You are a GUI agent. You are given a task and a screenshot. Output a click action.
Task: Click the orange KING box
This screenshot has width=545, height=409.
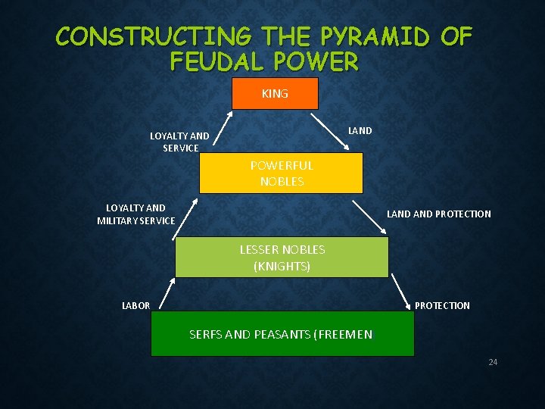point(275,93)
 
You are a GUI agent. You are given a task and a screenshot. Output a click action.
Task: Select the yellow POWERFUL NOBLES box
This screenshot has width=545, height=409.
point(281,173)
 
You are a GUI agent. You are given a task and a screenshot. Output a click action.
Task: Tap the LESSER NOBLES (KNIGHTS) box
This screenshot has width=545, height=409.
point(282,258)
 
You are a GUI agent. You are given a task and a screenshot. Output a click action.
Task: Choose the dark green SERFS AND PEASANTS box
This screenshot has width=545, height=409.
point(282,334)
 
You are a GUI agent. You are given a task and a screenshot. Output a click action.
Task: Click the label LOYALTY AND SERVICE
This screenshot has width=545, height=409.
point(179,142)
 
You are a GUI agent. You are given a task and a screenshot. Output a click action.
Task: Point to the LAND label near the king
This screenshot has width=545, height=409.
point(360,130)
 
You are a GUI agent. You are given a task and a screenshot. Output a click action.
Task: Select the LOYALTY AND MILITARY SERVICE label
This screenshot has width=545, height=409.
point(135,214)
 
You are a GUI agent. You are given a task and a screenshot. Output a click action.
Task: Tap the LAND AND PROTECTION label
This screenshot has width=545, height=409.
point(438,214)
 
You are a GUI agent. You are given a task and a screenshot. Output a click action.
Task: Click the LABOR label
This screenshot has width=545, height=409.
point(136,305)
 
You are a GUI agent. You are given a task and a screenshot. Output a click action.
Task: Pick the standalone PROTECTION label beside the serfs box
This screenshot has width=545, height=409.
point(442,305)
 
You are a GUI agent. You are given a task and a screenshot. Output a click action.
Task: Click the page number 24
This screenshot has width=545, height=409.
point(493,362)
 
